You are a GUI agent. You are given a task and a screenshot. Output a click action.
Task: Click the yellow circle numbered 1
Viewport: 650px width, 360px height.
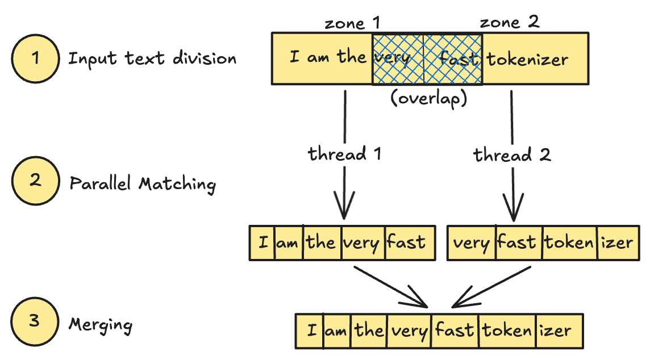point(36,59)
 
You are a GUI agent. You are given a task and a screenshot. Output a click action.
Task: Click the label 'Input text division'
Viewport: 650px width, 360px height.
point(152,58)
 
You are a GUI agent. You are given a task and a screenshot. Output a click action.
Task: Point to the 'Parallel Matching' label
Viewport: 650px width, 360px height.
point(143,184)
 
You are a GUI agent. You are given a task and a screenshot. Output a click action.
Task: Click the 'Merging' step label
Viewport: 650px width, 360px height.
point(101,325)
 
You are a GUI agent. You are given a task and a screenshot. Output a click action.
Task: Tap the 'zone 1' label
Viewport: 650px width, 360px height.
point(352,23)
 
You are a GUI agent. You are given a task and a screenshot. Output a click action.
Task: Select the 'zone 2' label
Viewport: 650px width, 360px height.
point(509,23)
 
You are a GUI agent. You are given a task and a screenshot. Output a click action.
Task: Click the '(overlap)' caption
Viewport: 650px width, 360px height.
point(428,98)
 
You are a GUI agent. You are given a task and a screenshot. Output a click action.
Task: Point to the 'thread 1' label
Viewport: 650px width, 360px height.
point(344,154)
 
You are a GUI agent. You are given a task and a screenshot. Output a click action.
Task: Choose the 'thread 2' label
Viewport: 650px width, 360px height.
point(512,154)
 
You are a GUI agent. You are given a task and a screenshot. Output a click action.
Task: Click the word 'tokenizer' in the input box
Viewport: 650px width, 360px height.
point(527,58)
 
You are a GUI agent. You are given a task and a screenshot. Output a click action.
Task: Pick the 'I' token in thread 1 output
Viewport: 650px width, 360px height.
point(262,243)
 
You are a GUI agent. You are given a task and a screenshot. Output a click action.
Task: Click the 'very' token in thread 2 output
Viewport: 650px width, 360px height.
point(472,244)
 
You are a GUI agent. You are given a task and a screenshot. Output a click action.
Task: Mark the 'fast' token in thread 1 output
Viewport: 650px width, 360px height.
point(406,243)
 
